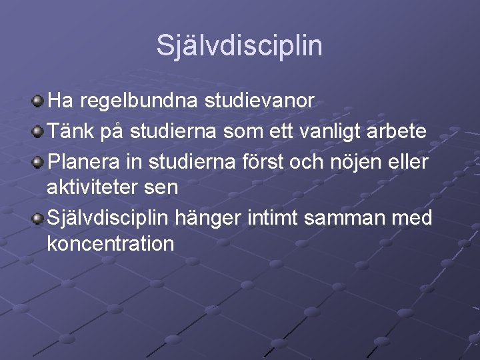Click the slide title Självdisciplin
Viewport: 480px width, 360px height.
pos(239,46)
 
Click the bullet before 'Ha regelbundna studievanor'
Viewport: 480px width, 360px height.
pos(39,101)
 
